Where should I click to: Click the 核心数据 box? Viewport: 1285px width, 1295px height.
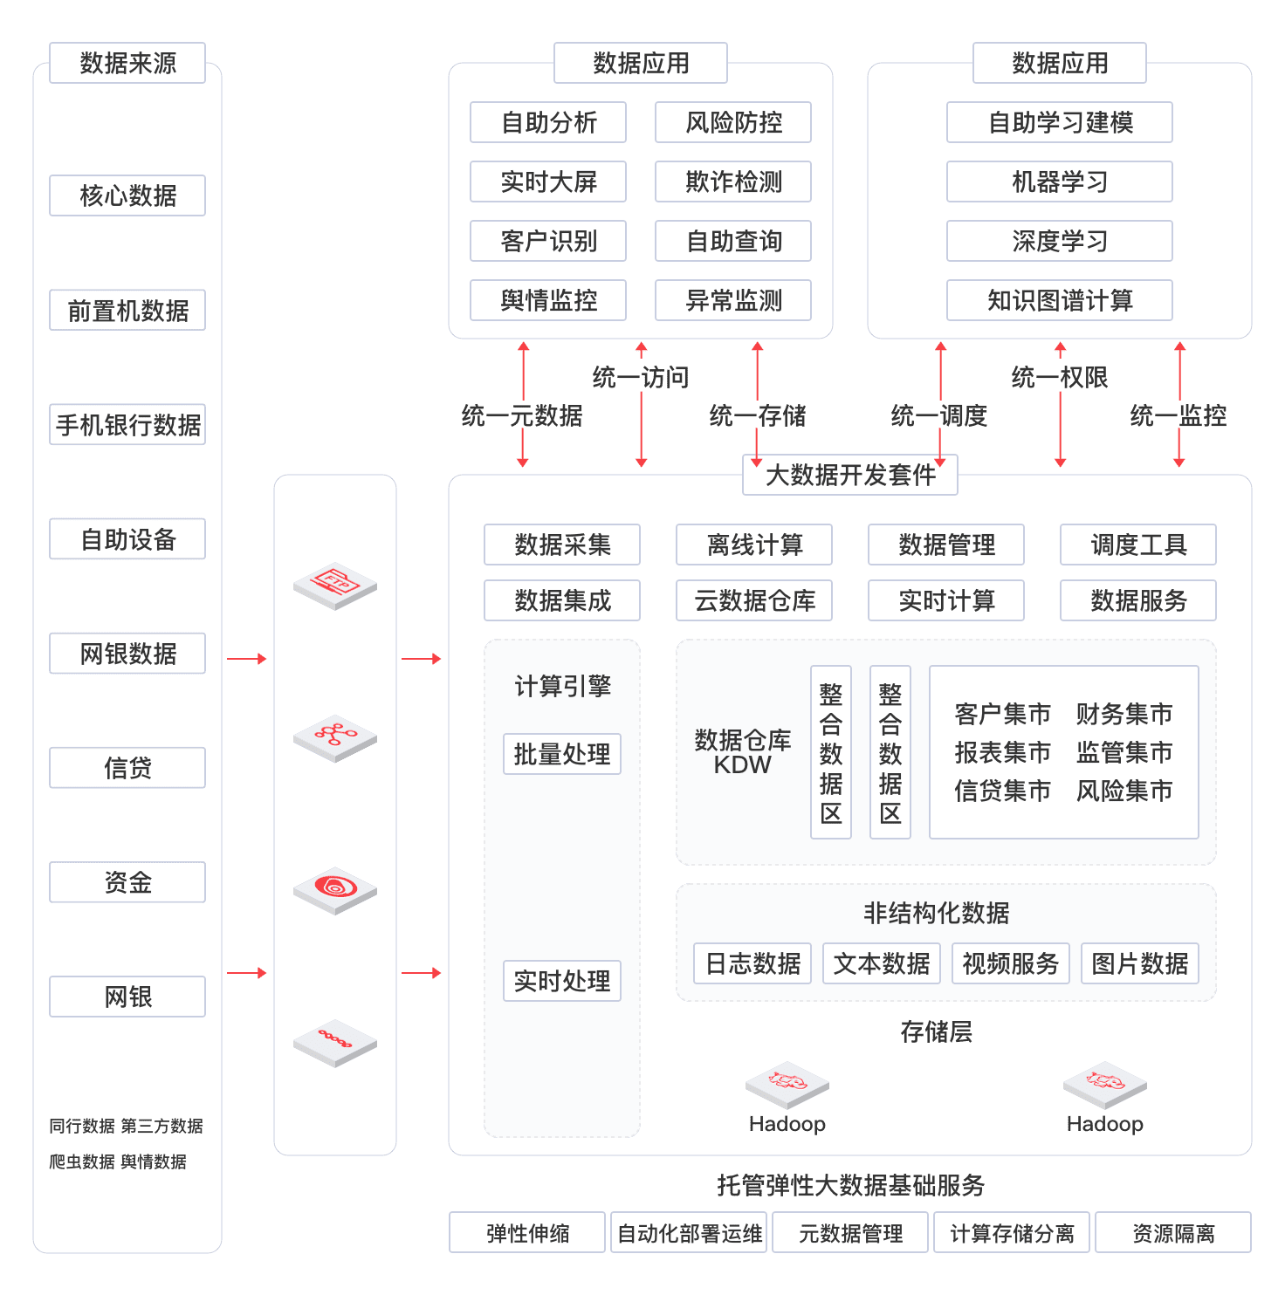(x=127, y=195)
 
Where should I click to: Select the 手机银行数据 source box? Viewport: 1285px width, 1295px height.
(x=127, y=425)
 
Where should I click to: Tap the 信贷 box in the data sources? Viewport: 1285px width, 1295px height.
(x=127, y=768)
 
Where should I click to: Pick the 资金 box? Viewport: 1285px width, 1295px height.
(x=127, y=882)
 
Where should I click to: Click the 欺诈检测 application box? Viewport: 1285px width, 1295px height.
(x=733, y=182)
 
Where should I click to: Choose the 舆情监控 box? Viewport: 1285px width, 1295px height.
(x=548, y=300)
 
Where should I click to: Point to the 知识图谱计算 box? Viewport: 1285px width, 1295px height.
(x=1059, y=300)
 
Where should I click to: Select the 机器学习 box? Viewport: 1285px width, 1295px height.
(x=1059, y=182)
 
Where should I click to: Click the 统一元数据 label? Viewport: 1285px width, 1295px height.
(x=521, y=416)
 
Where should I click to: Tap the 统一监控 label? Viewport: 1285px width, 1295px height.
(x=1178, y=416)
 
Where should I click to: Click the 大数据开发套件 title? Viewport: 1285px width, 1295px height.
(x=850, y=475)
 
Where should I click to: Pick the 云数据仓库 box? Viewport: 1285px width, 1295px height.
(x=754, y=600)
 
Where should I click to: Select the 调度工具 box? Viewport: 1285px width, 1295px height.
(x=1138, y=545)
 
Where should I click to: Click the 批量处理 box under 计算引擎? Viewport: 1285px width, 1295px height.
(x=562, y=754)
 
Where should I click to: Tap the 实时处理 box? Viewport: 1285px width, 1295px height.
(x=562, y=981)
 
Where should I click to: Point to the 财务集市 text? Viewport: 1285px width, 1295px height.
(x=1124, y=714)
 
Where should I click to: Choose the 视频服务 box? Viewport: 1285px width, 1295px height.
(x=1010, y=963)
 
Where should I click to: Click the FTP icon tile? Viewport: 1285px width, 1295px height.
(x=335, y=585)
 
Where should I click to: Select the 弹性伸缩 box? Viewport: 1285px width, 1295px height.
(x=527, y=1233)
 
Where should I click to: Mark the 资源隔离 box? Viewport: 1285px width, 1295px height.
(x=1173, y=1233)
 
